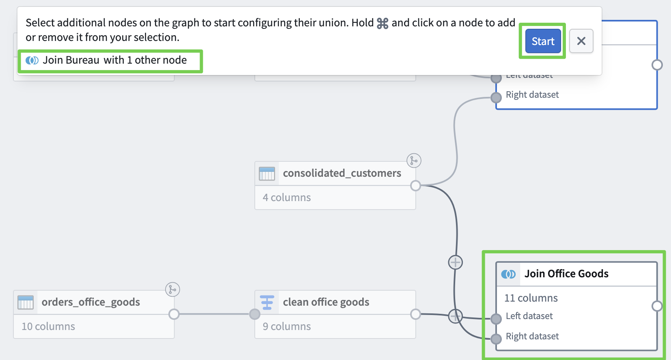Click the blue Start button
(x=543, y=41)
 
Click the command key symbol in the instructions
(x=383, y=23)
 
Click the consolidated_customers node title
(x=342, y=173)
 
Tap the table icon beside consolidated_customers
(x=267, y=174)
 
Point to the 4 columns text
(x=286, y=197)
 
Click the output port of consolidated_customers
(x=415, y=186)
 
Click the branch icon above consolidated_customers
(x=414, y=161)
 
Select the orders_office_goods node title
(x=90, y=302)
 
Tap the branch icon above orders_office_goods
(x=172, y=289)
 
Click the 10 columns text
(x=48, y=326)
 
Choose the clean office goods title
(x=326, y=302)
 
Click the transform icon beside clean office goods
(x=267, y=302)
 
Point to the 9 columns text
(x=286, y=326)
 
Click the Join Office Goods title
(x=566, y=274)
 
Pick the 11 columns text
(x=531, y=298)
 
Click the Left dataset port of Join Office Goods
(x=496, y=319)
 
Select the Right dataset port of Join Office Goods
(x=496, y=339)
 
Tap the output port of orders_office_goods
(x=174, y=314)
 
